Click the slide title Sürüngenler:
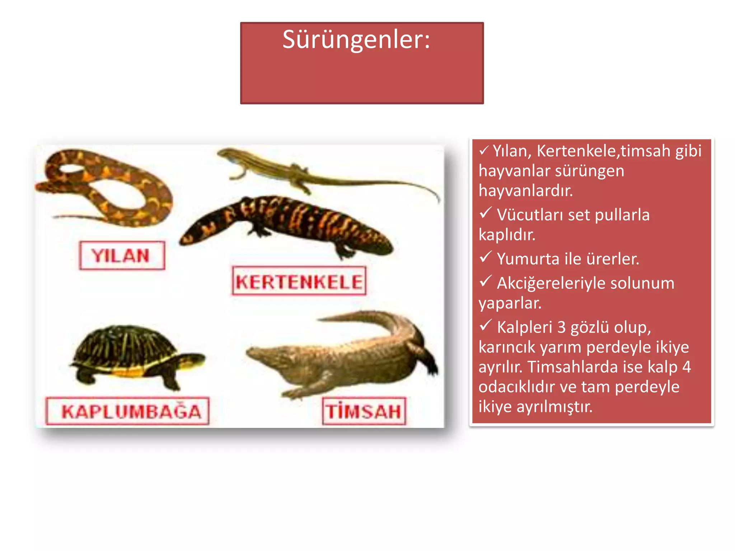tap(356, 39)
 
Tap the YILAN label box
tap(122, 255)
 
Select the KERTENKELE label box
tap(299, 281)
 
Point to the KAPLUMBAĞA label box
tap(127, 411)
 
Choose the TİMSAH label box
tap(364, 411)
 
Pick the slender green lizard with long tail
tap(305, 172)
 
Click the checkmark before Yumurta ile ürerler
tap(485, 257)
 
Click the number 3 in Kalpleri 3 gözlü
tap(562, 327)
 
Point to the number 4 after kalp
tap(686, 367)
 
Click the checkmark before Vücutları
tap(485, 213)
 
